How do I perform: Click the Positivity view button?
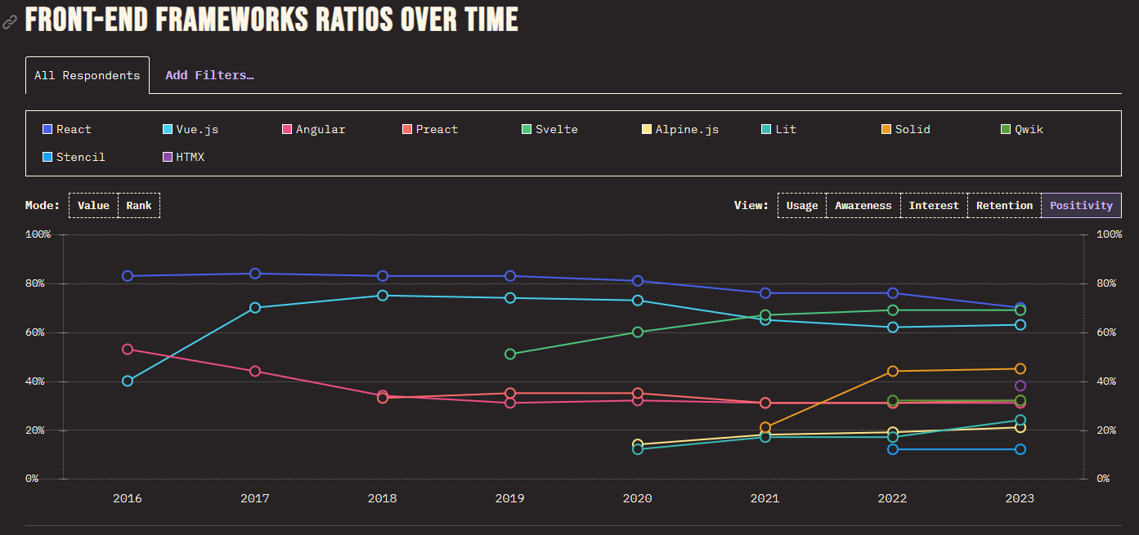(1081, 206)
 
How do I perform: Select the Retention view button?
(1003, 206)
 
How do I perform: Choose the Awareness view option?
(863, 206)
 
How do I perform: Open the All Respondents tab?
(87, 75)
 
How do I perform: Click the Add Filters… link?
(209, 75)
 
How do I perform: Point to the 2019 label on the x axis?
(510, 498)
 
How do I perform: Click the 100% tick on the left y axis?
(38, 234)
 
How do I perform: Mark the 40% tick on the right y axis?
(1109, 381)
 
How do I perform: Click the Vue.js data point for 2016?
(128, 381)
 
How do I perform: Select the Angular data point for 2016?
(128, 350)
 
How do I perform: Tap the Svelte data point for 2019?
(510, 354)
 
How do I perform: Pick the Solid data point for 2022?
(893, 372)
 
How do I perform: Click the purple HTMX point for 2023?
(1020, 386)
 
